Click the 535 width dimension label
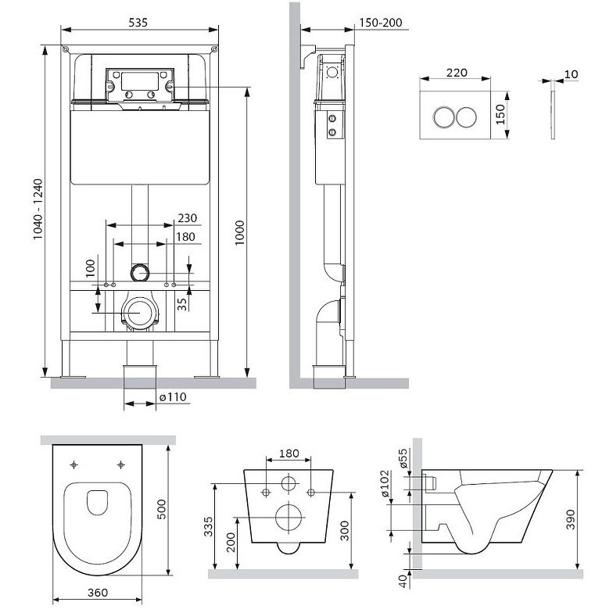click(x=138, y=22)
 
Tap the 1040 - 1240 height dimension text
click(x=38, y=210)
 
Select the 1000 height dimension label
click(x=239, y=233)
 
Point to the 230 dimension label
click(x=188, y=217)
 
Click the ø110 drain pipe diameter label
click(x=174, y=397)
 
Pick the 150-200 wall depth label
click(x=380, y=23)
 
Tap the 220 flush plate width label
click(x=457, y=72)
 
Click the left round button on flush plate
click(x=444, y=117)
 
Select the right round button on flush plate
click(x=466, y=117)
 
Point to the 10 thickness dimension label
click(x=571, y=74)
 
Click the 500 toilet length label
click(x=161, y=510)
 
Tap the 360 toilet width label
click(x=97, y=593)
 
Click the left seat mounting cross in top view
click(x=73, y=464)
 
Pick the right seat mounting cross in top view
click(x=120, y=464)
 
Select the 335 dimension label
click(x=208, y=527)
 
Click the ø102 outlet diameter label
click(x=385, y=483)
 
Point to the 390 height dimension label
click(x=571, y=519)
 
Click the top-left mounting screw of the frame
click(x=66, y=49)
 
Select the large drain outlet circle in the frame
click(x=139, y=313)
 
